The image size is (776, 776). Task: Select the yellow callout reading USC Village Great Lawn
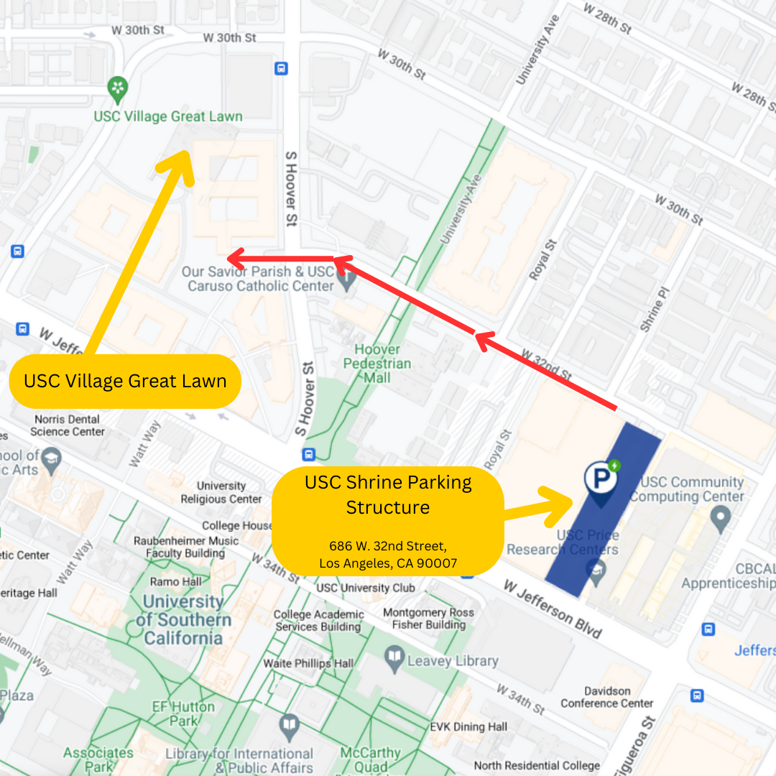point(125,381)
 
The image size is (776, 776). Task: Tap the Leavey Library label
point(452,660)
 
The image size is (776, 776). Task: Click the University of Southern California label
point(188,619)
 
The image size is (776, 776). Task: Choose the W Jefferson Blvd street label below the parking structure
point(552,609)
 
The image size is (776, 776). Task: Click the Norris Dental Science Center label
point(68,425)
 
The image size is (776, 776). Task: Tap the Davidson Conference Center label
point(607,697)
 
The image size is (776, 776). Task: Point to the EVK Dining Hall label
point(468,727)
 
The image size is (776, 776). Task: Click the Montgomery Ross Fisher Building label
point(428,619)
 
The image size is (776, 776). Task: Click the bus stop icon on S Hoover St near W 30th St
point(281,68)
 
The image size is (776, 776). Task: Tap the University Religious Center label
point(221,492)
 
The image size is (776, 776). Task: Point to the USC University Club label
point(366,588)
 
